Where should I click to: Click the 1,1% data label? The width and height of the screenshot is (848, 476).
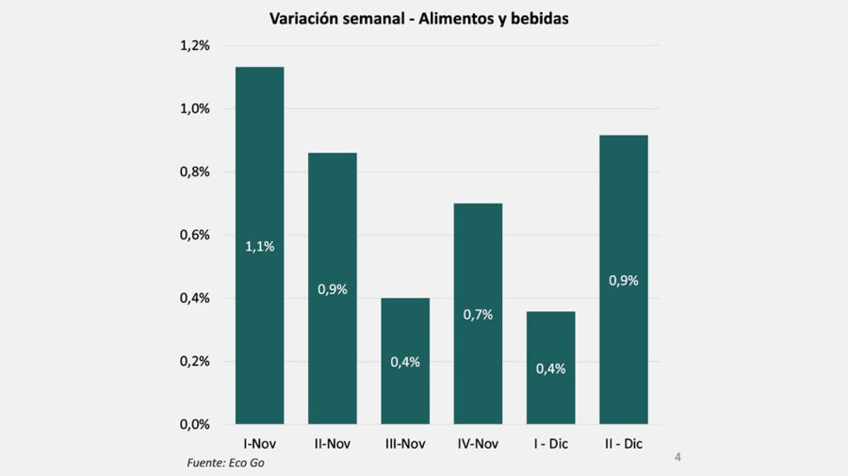(259, 247)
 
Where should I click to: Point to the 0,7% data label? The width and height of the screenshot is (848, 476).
(478, 315)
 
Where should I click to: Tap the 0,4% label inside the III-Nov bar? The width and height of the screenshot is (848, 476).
(405, 362)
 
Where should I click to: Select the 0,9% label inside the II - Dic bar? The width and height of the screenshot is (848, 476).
(624, 280)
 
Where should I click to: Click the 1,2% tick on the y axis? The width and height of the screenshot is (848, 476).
(194, 46)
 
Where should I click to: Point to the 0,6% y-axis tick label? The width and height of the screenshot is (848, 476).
(194, 236)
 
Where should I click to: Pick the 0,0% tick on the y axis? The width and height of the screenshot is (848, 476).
(194, 425)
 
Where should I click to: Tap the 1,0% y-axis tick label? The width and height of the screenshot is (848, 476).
(194, 109)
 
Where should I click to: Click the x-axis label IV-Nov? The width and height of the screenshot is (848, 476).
(478, 443)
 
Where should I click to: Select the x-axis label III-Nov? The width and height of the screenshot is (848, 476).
(405, 443)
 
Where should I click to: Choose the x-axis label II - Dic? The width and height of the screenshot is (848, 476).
(624, 443)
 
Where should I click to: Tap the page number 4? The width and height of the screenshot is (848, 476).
(677, 458)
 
